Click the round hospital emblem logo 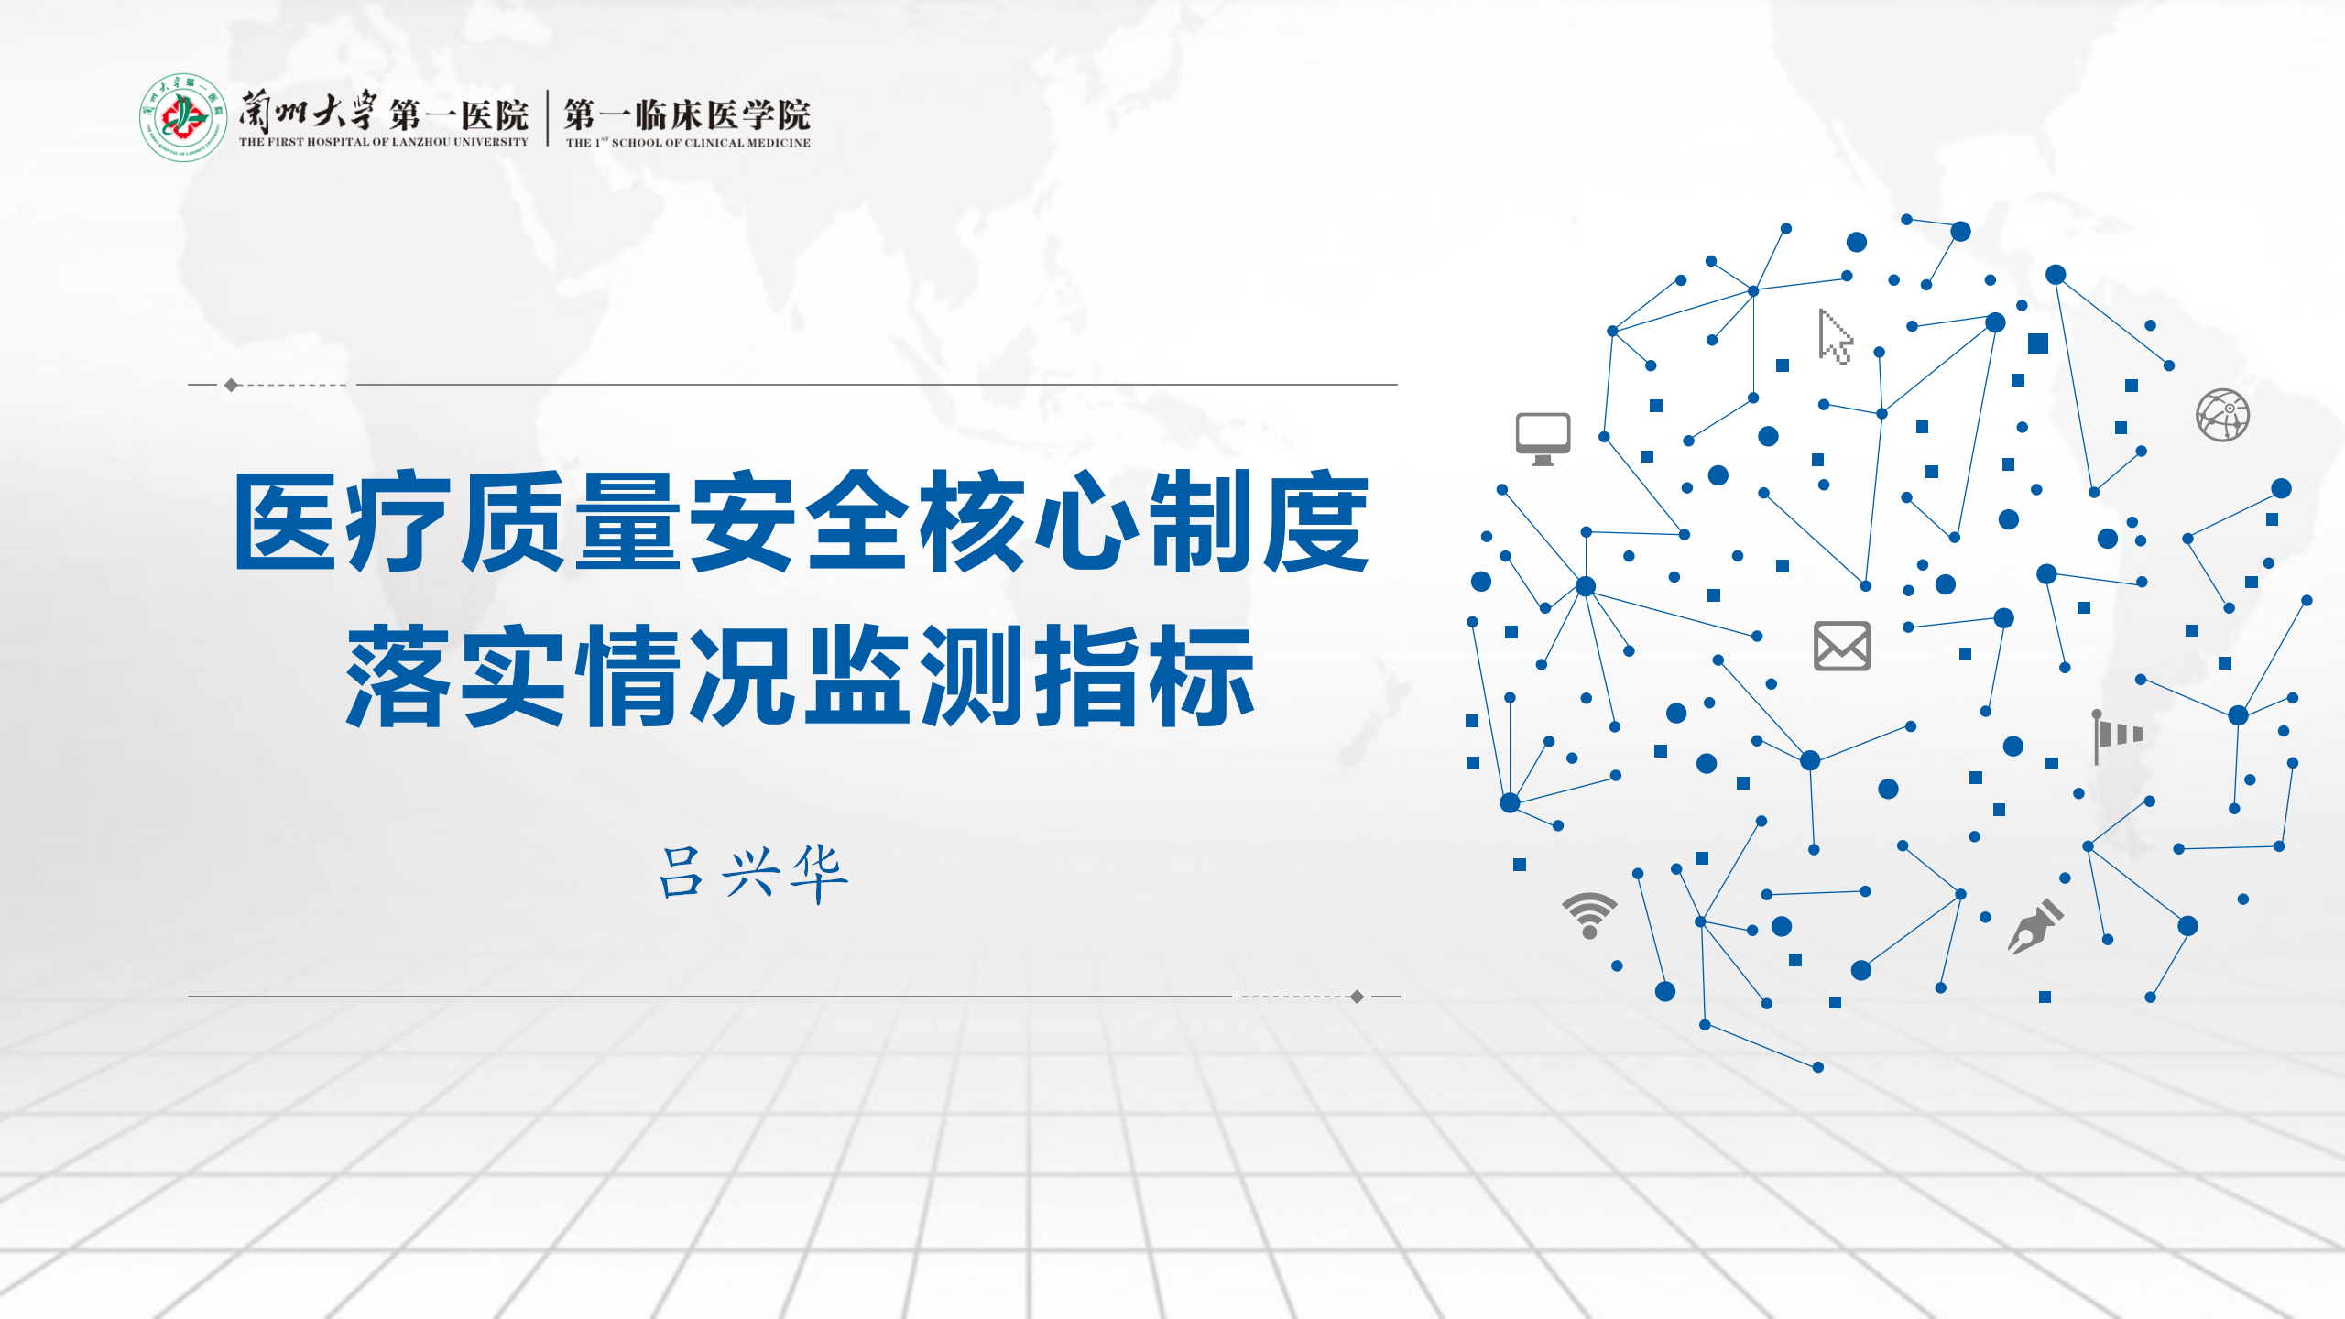point(183,118)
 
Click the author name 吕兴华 point(753,874)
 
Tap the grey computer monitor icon point(1543,439)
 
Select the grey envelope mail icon point(1842,647)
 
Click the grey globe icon point(2222,415)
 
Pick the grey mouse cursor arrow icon point(1835,337)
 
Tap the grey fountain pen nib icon point(2035,926)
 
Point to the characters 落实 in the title point(454,676)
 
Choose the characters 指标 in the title point(1145,676)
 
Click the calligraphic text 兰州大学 point(308,112)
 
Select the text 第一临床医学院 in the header point(687,114)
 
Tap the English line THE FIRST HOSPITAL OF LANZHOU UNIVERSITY point(384,142)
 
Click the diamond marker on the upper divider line point(232,385)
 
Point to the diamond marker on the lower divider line point(1358,997)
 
